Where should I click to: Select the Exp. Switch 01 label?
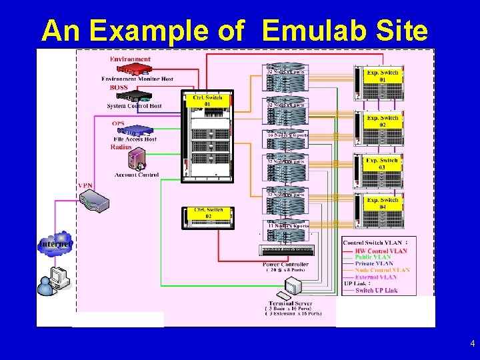point(383,75)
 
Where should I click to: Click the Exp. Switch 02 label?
point(383,121)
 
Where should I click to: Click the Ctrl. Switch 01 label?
point(207,101)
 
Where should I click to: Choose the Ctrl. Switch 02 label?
point(208,213)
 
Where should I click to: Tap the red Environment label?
point(130,59)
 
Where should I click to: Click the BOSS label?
point(119,87)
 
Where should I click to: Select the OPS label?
point(117,123)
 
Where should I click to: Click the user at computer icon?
point(53,280)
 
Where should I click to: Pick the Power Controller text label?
point(285,265)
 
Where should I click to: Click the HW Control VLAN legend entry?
point(381,251)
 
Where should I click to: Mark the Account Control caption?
point(136,175)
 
